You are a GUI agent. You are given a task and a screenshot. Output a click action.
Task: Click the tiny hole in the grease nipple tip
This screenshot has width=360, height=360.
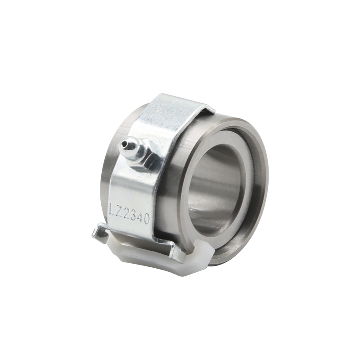124,144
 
